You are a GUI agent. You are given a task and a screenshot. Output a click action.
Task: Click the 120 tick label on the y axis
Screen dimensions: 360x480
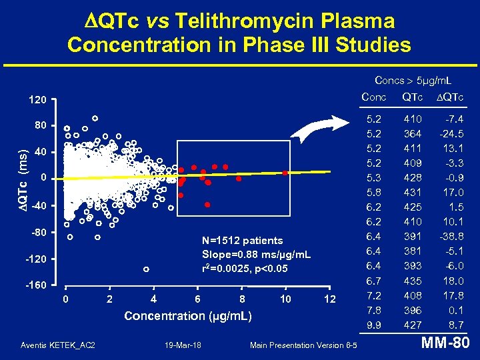(37, 100)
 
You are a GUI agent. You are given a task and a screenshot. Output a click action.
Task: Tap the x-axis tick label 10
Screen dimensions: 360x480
(285, 299)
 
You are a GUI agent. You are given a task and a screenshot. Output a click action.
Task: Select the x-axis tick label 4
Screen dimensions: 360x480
(154, 299)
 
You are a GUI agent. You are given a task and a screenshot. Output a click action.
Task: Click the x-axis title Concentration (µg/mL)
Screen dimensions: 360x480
(188, 316)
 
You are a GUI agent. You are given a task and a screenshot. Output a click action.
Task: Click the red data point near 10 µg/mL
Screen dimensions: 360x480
(285, 173)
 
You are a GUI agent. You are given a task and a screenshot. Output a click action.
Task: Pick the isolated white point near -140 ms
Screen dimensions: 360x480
(146, 269)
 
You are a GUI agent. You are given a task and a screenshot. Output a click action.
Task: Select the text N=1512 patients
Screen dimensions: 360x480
(242, 241)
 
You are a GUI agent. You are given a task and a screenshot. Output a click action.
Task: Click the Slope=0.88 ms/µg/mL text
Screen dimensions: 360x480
(256, 255)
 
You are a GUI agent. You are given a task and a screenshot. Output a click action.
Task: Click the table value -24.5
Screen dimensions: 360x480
(453, 133)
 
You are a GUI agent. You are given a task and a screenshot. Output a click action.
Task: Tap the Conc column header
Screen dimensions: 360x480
(373, 97)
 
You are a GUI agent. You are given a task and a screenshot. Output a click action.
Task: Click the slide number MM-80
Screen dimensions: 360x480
(446, 344)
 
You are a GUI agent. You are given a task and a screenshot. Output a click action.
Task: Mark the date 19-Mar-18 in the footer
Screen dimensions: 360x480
(183, 345)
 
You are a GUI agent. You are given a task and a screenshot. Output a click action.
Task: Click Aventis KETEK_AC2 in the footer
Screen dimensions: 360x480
(58, 345)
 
